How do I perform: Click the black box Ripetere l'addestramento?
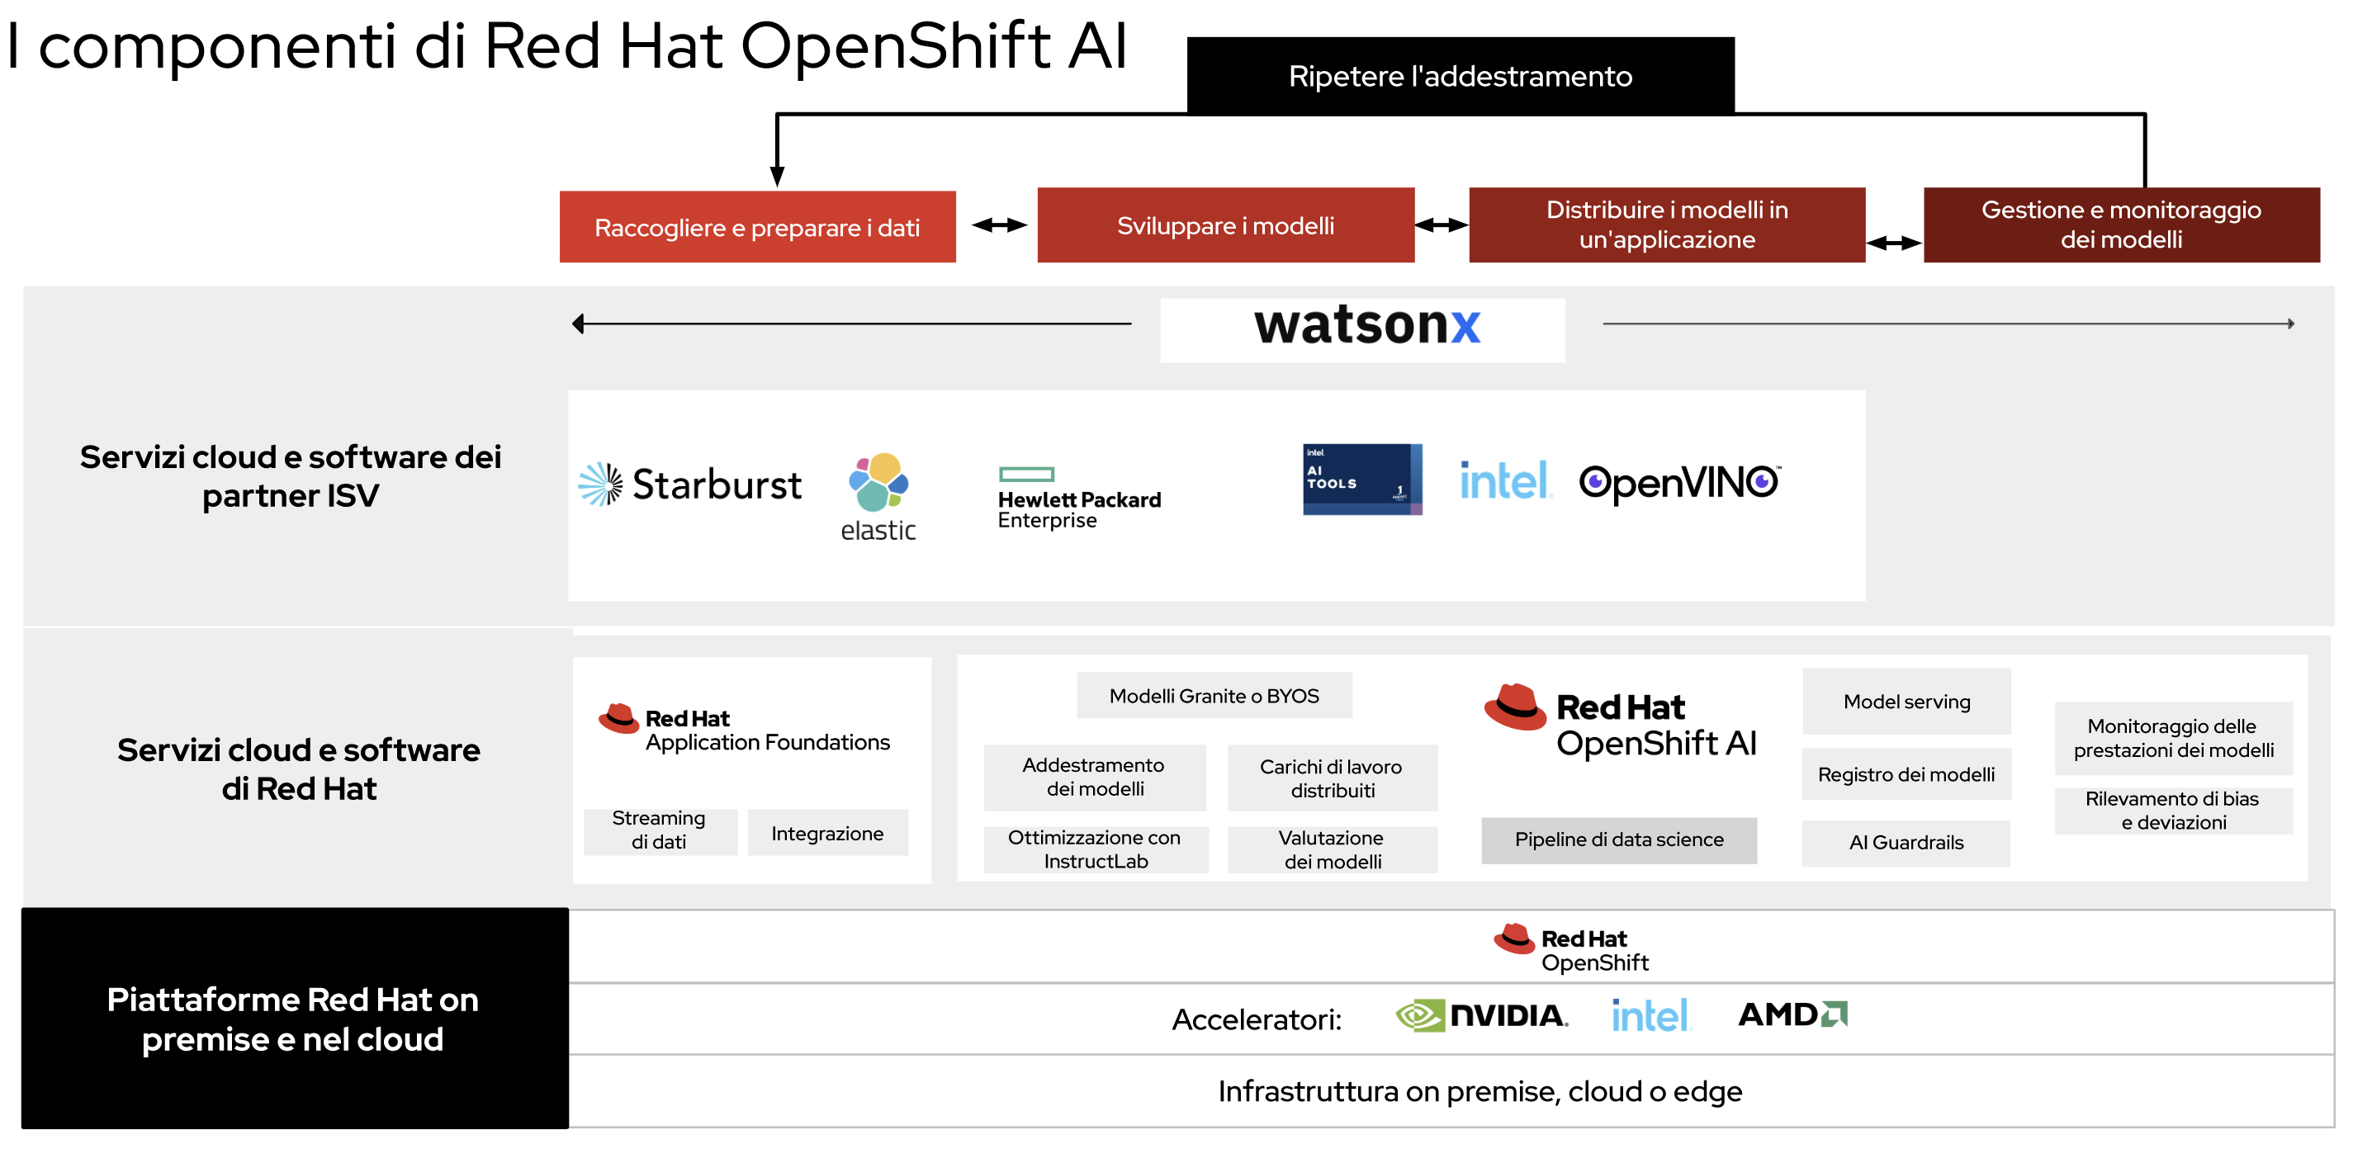point(1460,76)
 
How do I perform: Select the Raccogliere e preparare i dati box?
point(757,228)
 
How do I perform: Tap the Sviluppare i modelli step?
point(1225,225)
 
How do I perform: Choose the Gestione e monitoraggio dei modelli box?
point(2121,225)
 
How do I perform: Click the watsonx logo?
point(1366,326)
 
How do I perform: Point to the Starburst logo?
point(692,484)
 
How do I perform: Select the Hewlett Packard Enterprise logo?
point(1079,498)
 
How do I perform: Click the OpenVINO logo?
point(1679,482)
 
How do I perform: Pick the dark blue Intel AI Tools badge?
point(1361,480)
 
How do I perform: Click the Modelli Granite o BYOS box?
point(1214,696)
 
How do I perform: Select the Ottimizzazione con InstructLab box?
point(1096,849)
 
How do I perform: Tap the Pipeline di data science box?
point(1618,839)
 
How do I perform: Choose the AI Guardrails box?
point(1906,842)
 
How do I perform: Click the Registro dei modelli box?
point(1906,774)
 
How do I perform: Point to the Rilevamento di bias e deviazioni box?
point(2172,810)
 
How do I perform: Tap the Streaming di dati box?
point(660,830)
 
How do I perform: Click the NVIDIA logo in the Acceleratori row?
point(1482,1015)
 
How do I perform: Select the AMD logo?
point(1792,1014)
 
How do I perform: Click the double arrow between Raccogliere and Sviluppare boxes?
point(998,225)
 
